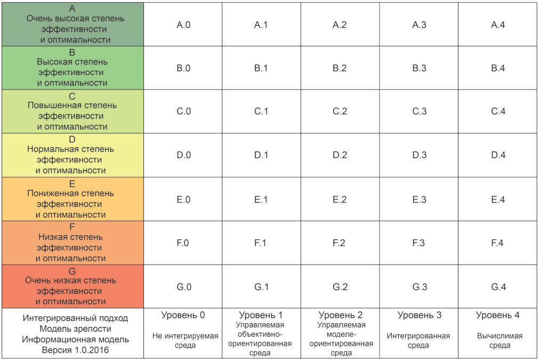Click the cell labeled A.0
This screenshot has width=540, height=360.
click(x=183, y=25)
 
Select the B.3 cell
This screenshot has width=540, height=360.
click(x=419, y=68)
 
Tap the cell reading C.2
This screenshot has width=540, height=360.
click(x=340, y=111)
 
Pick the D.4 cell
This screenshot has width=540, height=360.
click(x=498, y=155)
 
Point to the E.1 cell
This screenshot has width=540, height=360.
click(x=261, y=199)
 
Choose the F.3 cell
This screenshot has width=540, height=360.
click(x=419, y=243)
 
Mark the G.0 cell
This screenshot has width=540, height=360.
click(x=183, y=286)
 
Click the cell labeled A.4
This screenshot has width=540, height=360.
click(x=498, y=25)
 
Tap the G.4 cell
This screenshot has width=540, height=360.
click(x=498, y=286)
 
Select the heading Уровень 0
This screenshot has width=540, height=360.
click(x=183, y=315)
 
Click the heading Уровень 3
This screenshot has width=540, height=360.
click(x=419, y=315)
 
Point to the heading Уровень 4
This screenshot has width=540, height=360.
click(x=498, y=315)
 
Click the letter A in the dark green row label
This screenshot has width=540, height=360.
click(x=72, y=9)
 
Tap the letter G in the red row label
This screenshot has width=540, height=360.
click(x=72, y=271)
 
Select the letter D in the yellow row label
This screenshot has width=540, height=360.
click(x=72, y=139)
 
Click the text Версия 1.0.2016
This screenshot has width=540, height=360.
click(x=75, y=350)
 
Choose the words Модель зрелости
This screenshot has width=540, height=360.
click(x=75, y=329)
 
